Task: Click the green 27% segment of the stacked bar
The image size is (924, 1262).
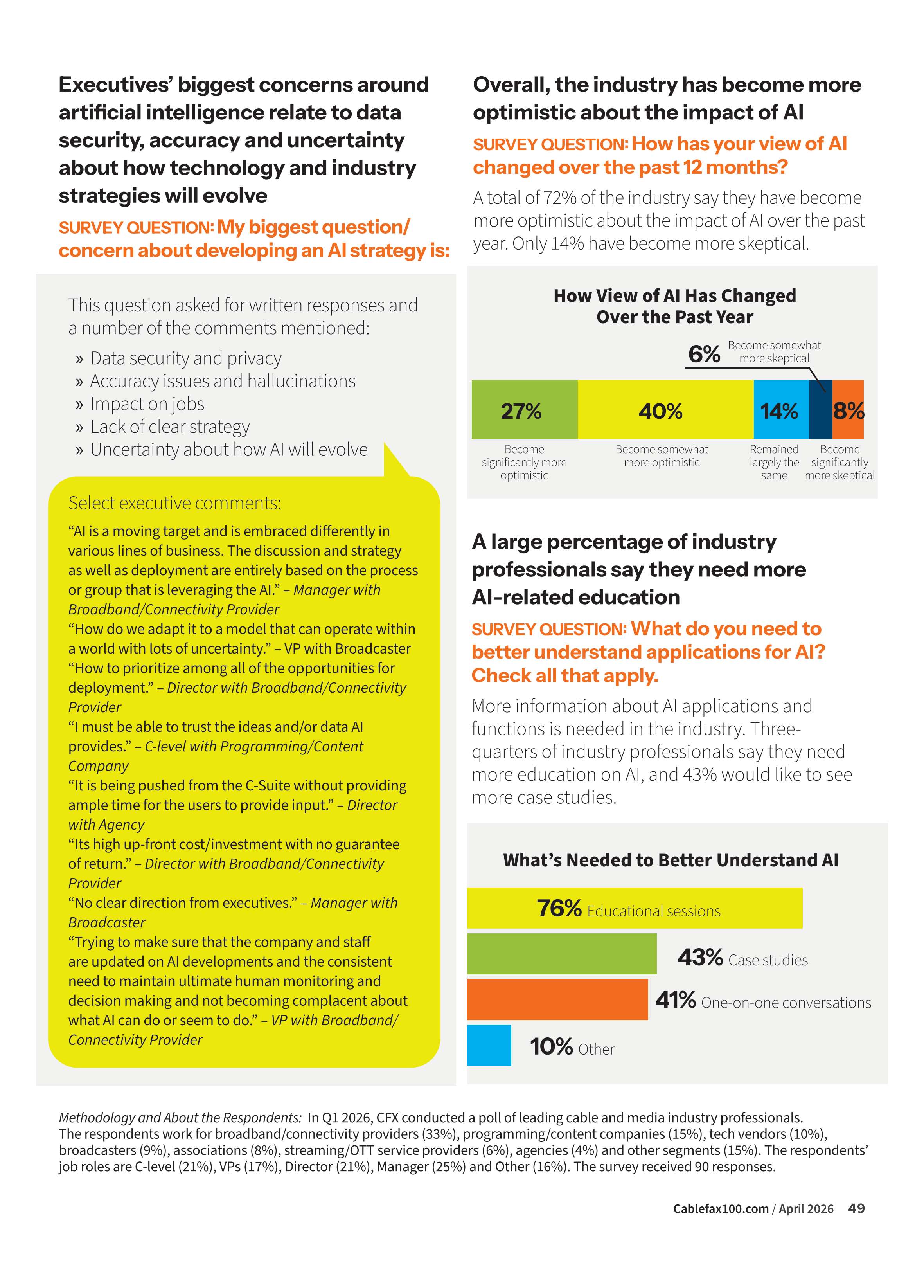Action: pyautogui.click(x=524, y=409)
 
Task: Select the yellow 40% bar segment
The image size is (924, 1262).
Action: pyautogui.click(x=665, y=409)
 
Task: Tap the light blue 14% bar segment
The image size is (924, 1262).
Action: pyautogui.click(x=781, y=409)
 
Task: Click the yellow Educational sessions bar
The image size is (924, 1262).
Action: pyautogui.click(x=634, y=907)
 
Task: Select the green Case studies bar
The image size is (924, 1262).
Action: pyautogui.click(x=562, y=954)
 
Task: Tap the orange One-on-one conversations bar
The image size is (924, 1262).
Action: pyautogui.click(x=557, y=999)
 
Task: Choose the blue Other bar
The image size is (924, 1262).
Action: pyautogui.click(x=489, y=1045)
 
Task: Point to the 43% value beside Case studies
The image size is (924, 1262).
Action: pyautogui.click(x=700, y=957)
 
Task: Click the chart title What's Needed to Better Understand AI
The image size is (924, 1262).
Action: pyautogui.click(x=670, y=860)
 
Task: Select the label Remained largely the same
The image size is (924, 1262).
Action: pyautogui.click(x=774, y=462)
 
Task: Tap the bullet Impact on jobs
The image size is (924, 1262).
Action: pyautogui.click(x=147, y=403)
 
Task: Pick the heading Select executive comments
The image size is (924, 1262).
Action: pyautogui.click(x=174, y=503)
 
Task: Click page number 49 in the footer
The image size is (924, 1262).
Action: pyautogui.click(x=856, y=1208)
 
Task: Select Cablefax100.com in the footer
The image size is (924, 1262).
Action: pyautogui.click(x=721, y=1209)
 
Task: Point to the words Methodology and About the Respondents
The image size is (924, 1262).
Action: pyautogui.click(x=180, y=1118)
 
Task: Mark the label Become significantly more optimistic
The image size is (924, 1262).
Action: pyautogui.click(x=524, y=462)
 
